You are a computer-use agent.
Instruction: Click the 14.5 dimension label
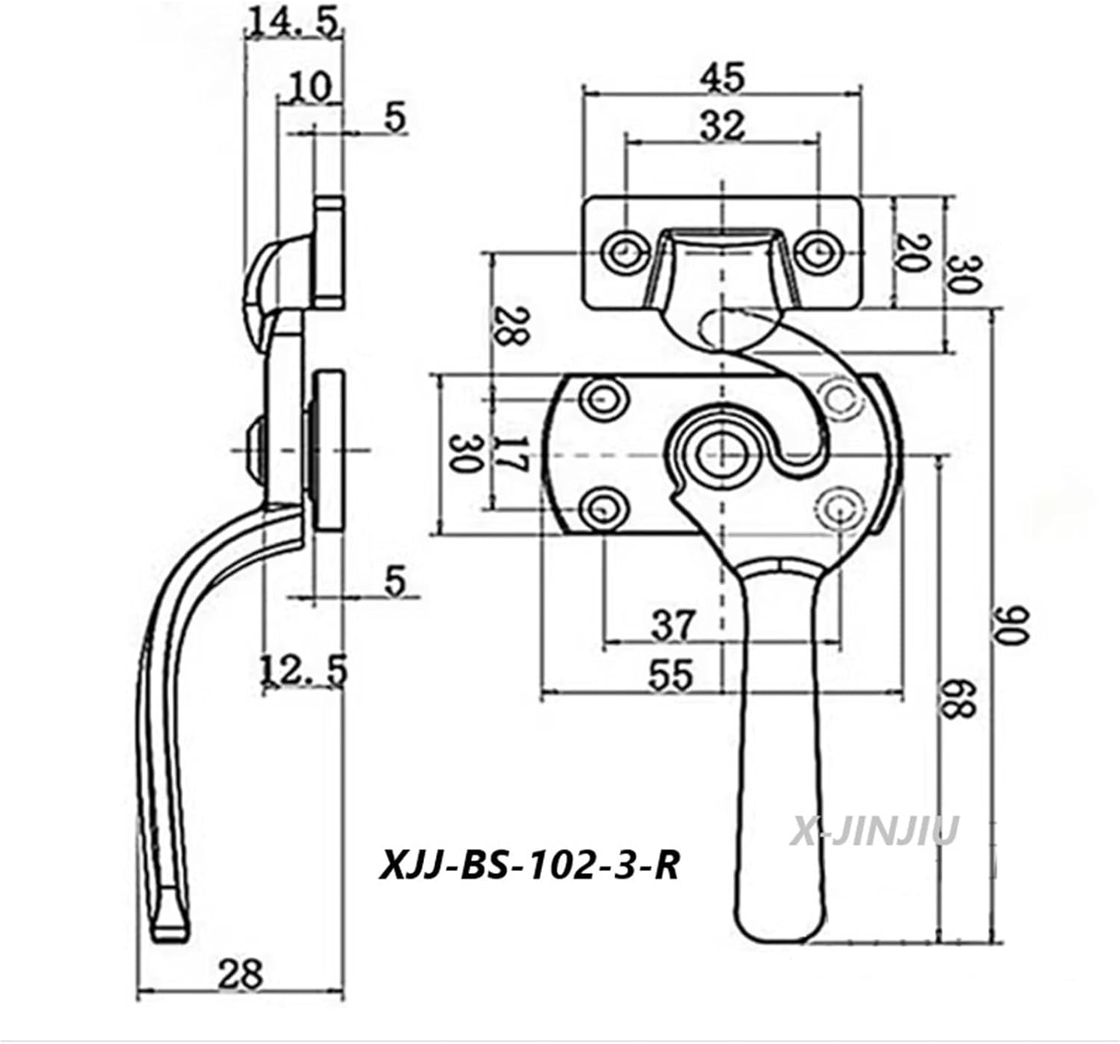point(294,23)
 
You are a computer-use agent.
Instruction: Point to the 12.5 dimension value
point(304,670)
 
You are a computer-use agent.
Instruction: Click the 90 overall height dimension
point(1015,624)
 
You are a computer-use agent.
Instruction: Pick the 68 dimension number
point(958,699)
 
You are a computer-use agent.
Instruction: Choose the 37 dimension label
point(671,625)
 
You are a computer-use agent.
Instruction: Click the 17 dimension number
point(513,454)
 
